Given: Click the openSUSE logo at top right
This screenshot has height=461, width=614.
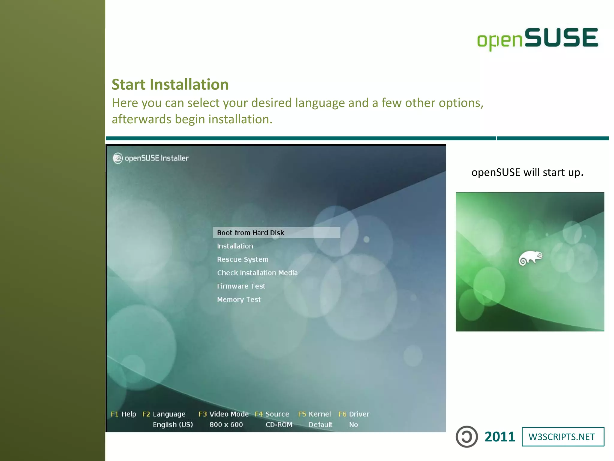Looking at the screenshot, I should pyautogui.click(x=538, y=38).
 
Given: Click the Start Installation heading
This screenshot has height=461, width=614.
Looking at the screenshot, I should pyautogui.click(x=170, y=84).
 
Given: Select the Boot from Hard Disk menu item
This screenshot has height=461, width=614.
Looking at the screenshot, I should pyautogui.click(x=250, y=233).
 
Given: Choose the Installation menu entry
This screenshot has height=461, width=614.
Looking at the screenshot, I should pyautogui.click(x=235, y=246).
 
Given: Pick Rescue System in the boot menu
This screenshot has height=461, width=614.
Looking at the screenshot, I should pyautogui.click(x=243, y=259).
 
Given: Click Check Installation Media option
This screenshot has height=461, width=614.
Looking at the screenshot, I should pyautogui.click(x=257, y=273).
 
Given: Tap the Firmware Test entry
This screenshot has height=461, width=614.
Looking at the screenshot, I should pyautogui.click(x=241, y=286).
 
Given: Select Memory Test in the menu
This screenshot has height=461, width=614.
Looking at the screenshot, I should pyautogui.click(x=239, y=300).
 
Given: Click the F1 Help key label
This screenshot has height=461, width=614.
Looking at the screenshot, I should pyautogui.click(x=123, y=414).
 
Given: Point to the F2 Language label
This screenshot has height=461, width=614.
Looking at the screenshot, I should pyautogui.click(x=164, y=414).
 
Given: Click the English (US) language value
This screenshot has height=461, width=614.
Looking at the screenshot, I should pyautogui.click(x=173, y=425).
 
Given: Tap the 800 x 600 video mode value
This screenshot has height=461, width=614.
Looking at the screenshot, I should pyautogui.click(x=226, y=425).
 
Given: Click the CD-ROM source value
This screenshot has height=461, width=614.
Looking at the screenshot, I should pyautogui.click(x=279, y=425).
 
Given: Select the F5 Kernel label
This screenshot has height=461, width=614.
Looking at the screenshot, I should pyautogui.click(x=314, y=414).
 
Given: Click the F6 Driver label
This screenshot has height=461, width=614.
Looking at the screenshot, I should pyautogui.click(x=354, y=414).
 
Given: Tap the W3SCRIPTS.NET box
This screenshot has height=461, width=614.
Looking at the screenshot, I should pyautogui.click(x=563, y=437).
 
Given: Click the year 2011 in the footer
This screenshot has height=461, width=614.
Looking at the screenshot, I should pyautogui.click(x=500, y=437).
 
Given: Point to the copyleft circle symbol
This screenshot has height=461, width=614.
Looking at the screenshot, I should pyautogui.click(x=466, y=437).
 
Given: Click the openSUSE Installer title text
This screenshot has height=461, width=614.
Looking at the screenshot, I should pyautogui.click(x=156, y=158).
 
